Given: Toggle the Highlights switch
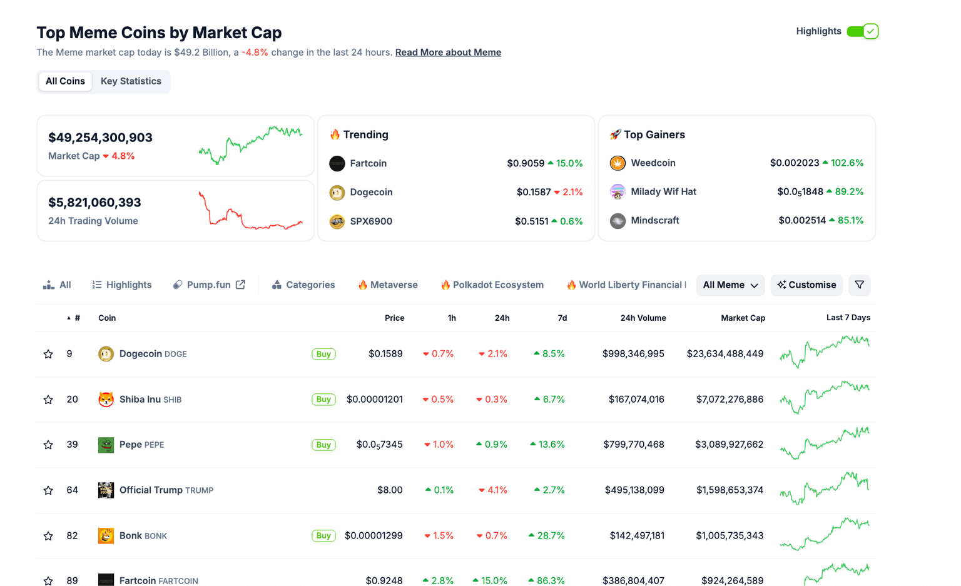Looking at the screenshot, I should tap(862, 31).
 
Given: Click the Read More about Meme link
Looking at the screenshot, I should tap(448, 53).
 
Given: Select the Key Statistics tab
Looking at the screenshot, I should tap(131, 81).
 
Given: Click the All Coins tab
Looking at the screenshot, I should tap(65, 81).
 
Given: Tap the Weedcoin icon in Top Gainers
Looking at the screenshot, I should tap(618, 163).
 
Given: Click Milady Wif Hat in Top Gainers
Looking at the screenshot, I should tap(663, 192).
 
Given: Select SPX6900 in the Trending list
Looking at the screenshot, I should tap(371, 221).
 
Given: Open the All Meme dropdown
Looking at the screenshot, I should tap(730, 285).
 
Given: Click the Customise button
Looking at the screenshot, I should tap(806, 285).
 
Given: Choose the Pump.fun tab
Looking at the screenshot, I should tap(209, 285).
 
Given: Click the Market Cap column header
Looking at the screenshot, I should tap(743, 318).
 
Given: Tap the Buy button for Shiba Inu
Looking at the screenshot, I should tap(323, 400).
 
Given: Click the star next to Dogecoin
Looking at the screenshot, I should tap(48, 354).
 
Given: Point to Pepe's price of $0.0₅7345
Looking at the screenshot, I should tap(379, 445).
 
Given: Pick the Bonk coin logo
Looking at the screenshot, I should tap(106, 536).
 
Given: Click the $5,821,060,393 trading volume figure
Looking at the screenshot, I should tap(94, 203).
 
